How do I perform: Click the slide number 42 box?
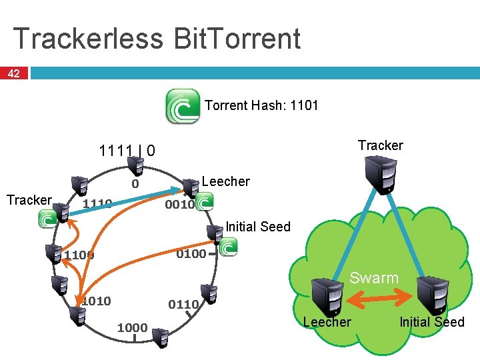(13, 73)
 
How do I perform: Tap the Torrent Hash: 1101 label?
(261, 105)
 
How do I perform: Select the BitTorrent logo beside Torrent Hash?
(182, 107)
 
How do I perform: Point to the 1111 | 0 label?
(127, 151)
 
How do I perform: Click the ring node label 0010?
(179, 205)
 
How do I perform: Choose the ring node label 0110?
(183, 305)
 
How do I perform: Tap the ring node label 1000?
(132, 327)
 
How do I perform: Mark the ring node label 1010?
(96, 301)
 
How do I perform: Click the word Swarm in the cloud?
(374, 278)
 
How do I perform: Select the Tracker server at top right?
(385, 174)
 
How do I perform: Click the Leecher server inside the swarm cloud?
(328, 295)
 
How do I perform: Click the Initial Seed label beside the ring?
(258, 227)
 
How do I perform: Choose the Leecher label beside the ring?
(225, 181)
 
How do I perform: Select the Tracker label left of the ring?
(29, 200)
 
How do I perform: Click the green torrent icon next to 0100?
(228, 247)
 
